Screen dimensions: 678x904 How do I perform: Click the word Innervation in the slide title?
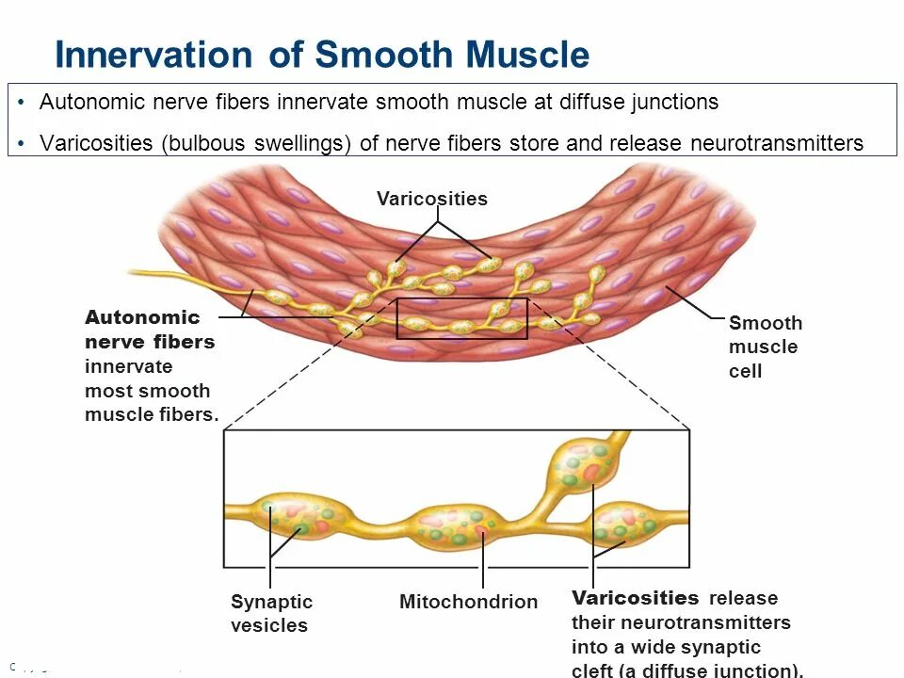(x=153, y=55)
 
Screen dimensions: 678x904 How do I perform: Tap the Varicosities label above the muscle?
(x=432, y=199)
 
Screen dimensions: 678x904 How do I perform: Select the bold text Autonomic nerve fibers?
(x=150, y=330)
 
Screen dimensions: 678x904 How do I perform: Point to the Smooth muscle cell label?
(x=765, y=347)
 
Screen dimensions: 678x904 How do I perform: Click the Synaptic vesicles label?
(x=271, y=613)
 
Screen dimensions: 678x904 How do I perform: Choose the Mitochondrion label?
(x=468, y=602)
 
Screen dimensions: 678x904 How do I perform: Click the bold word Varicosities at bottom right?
(x=636, y=598)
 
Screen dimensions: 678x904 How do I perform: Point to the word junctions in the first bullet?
(x=671, y=102)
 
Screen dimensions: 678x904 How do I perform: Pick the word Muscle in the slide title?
(x=528, y=55)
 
